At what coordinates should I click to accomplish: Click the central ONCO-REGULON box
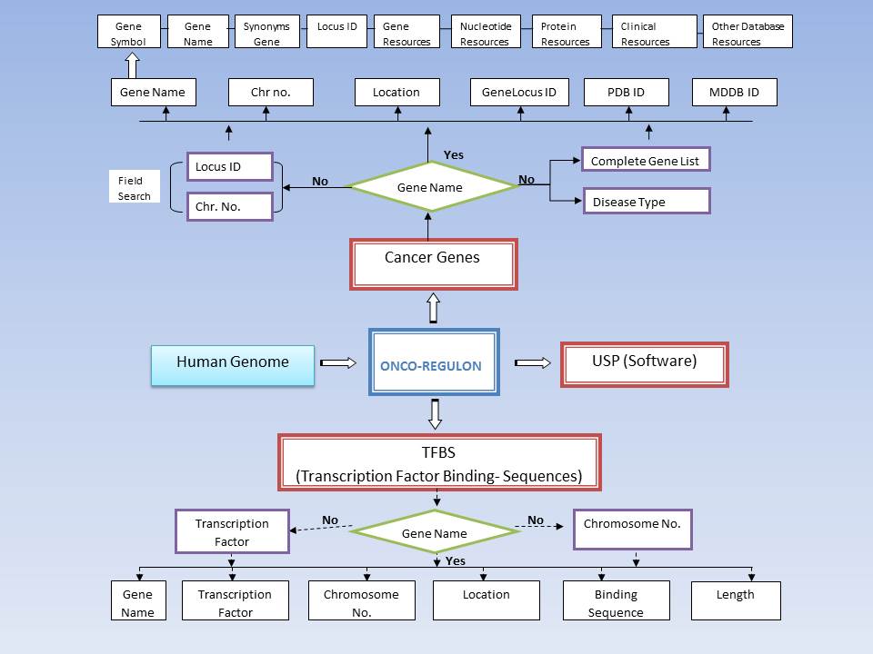tap(434, 362)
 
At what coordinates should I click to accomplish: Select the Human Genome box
tap(233, 364)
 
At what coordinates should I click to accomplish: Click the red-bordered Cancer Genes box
tap(433, 263)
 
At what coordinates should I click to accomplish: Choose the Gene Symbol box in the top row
tap(129, 33)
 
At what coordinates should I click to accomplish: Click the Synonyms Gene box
tap(266, 33)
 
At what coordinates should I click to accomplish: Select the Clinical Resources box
tap(654, 33)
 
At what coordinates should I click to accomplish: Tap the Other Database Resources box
tap(748, 33)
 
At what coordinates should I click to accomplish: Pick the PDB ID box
tap(626, 93)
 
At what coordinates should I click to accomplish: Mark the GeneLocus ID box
tap(519, 93)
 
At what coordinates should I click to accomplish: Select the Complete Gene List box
tap(645, 160)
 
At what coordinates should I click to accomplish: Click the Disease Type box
tap(645, 201)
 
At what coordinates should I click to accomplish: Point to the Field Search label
tap(135, 187)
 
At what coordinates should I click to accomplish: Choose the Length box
tap(735, 599)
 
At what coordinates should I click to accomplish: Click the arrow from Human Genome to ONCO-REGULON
tap(338, 363)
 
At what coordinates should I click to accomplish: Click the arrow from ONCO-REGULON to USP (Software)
tap(533, 363)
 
